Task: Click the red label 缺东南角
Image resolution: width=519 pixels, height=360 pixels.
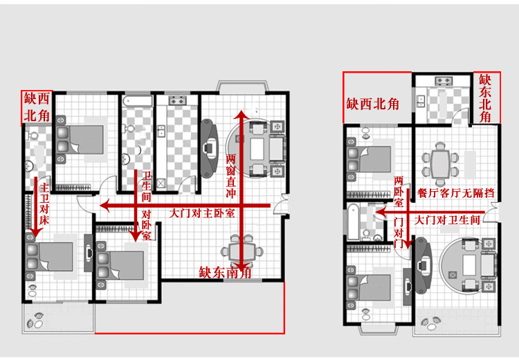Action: [225, 273]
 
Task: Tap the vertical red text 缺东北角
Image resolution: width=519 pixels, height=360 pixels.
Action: [485, 98]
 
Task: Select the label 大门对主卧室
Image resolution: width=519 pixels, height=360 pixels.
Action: [202, 213]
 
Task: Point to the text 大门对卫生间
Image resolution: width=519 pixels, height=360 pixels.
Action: [447, 220]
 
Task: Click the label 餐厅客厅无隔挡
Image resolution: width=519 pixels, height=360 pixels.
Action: [456, 192]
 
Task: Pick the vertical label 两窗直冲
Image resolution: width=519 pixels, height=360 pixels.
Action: [230, 176]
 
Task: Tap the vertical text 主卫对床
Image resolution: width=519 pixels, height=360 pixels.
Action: [44, 205]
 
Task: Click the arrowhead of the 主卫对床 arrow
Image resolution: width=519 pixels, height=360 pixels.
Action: [35, 233]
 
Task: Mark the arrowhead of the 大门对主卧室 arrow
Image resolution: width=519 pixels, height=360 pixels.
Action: [104, 206]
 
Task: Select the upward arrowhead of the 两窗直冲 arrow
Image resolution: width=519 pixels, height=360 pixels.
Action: [242, 114]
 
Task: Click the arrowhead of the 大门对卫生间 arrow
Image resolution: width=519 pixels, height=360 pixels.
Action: [380, 212]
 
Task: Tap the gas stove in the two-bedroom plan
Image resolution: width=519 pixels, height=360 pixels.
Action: [444, 80]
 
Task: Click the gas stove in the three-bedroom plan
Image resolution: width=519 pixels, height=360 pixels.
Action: [178, 100]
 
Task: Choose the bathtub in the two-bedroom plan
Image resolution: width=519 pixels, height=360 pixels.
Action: [353, 222]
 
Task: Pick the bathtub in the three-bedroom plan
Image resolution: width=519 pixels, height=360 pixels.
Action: [137, 101]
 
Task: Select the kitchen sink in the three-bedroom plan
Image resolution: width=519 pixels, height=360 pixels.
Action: [161, 130]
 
